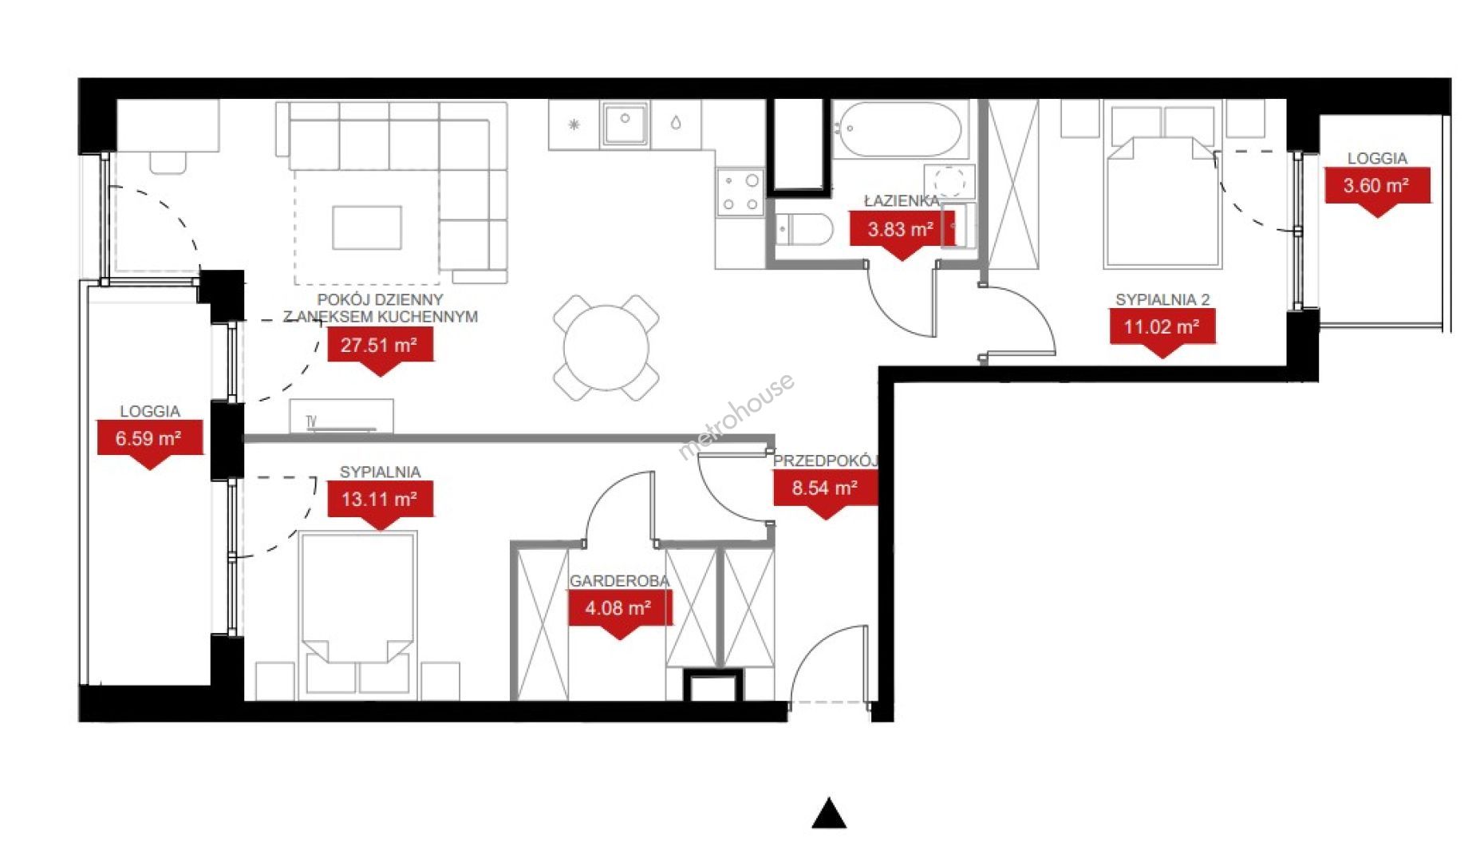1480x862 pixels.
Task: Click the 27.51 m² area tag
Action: pyautogui.click(x=380, y=350)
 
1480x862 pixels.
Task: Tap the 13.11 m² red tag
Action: pyautogui.click(x=380, y=504)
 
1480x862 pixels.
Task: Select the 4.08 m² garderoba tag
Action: pyautogui.click(x=619, y=613)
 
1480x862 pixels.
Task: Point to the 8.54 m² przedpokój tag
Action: pyautogui.click(x=825, y=492)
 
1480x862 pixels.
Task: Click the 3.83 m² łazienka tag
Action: pyautogui.click(x=902, y=235)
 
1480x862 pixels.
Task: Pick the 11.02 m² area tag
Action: pyautogui.click(x=1162, y=331)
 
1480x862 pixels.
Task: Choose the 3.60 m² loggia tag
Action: pyautogui.click(x=1377, y=191)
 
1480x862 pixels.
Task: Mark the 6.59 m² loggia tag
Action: pyautogui.click(x=149, y=443)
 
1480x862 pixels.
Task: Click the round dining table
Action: pyautogui.click(x=606, y=348)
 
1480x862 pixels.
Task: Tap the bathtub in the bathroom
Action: pyautogui.click(x=898, y=129)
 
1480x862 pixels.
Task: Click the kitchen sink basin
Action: pyautogui.click(x=625, y=124)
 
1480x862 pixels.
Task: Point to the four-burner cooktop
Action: pyautogui.click(x=740, y=192)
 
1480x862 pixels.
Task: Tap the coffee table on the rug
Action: pyautogui.click(x=367, y=227)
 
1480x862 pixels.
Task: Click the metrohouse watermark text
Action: pyautogui.click(x=735, y=417)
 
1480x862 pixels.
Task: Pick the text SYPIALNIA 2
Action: pyautogui.click(x=1162, y=300)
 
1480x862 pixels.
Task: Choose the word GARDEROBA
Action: pyautogui.click(x=619, y=581)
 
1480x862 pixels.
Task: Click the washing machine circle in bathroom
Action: pyautogui.click(x=949, y=181)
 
